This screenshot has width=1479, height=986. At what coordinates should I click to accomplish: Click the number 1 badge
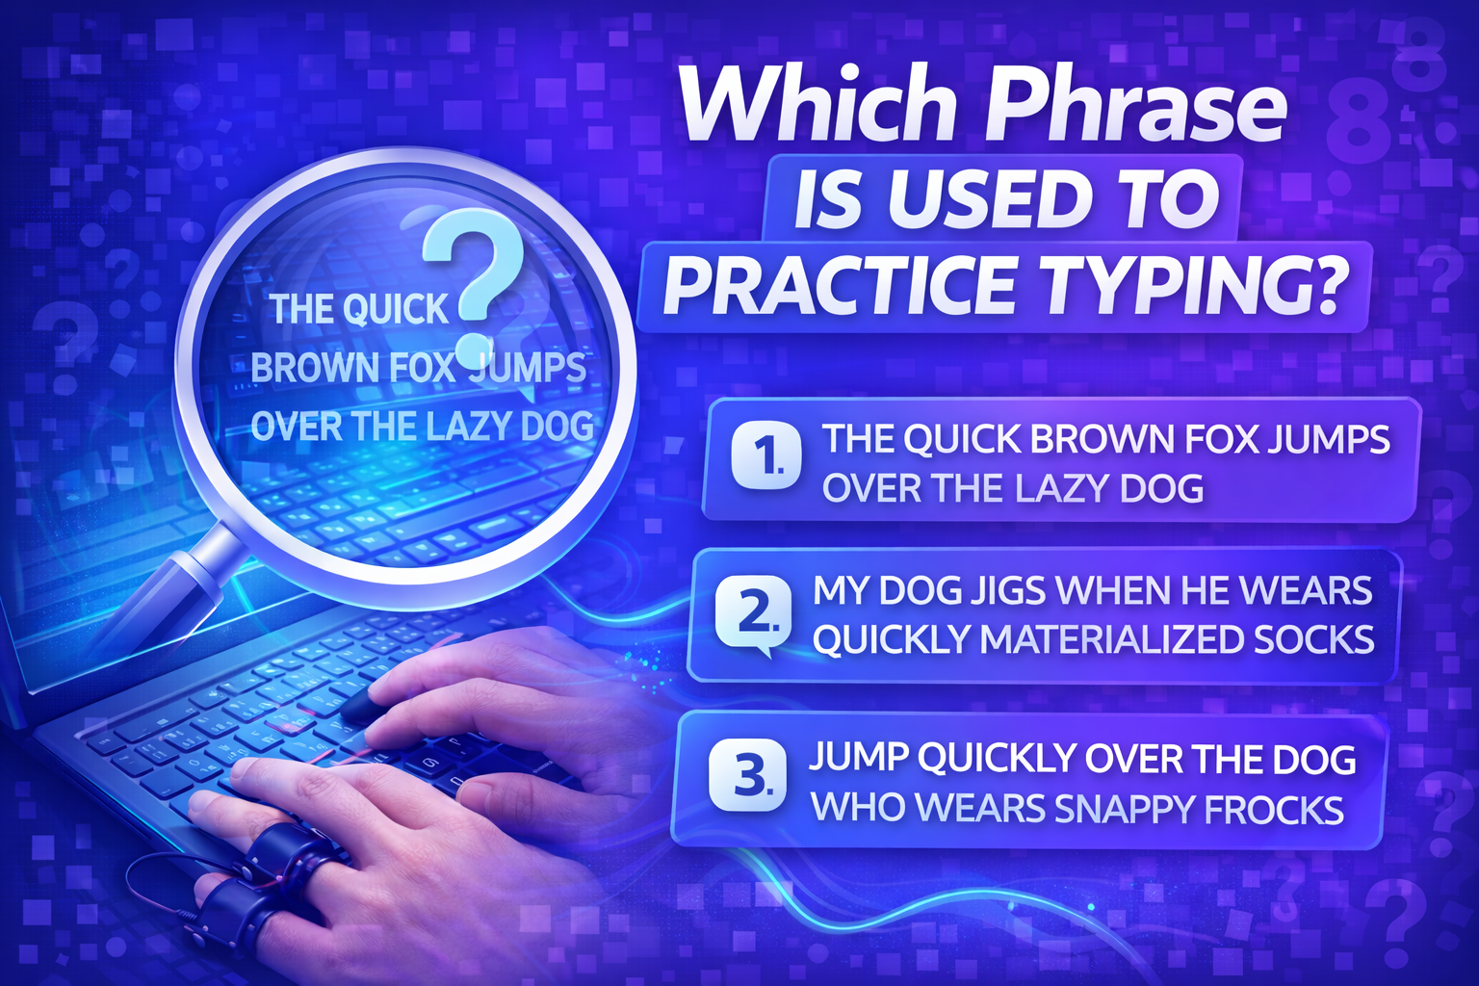(x=766, y=454)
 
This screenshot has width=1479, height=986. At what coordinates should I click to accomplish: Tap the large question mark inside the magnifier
(x=476, y=279)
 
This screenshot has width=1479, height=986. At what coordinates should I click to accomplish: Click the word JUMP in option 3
(x=857, y=760)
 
